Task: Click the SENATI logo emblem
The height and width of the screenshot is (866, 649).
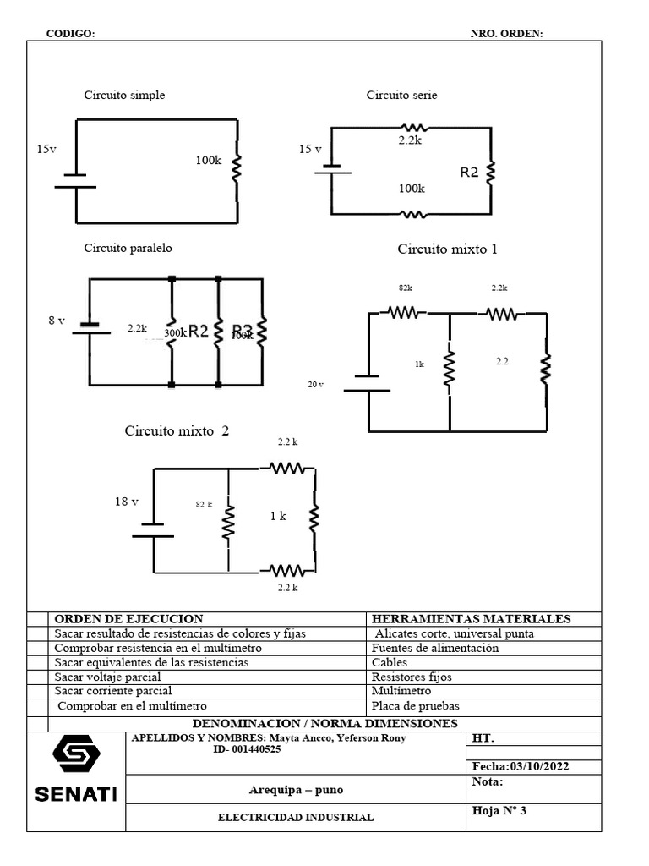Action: click(x=76, y=754)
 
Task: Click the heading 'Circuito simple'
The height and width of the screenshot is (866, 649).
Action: click(x=124, y=96)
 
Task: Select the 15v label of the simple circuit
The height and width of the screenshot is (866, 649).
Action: click(x=46, y=149)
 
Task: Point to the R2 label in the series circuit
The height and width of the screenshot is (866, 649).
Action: click(x=469, y=173)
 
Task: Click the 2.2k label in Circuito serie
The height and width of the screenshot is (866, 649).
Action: click(x=410, y=141)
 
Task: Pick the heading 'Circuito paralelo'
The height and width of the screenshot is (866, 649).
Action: click(x=128, y=249)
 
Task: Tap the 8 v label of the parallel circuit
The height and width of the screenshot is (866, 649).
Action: click(x=56, y=321)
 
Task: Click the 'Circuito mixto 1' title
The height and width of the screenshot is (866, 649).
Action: click(x=447, y=249)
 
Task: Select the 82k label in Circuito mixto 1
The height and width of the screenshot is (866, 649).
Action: click(x=406, y=288)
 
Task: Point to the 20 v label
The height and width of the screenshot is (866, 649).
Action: click(x=315, y=384)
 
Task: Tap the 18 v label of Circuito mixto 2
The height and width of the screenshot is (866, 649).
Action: click(x=127, y=502)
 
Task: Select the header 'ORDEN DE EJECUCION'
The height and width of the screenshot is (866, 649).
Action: click(x=128, y=619)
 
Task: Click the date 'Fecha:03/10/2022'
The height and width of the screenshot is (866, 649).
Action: click(x=521, y=766)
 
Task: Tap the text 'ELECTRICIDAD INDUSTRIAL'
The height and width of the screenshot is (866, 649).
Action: click(x=296, y=818)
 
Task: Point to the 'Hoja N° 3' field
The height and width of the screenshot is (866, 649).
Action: click(x=499, y=811)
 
